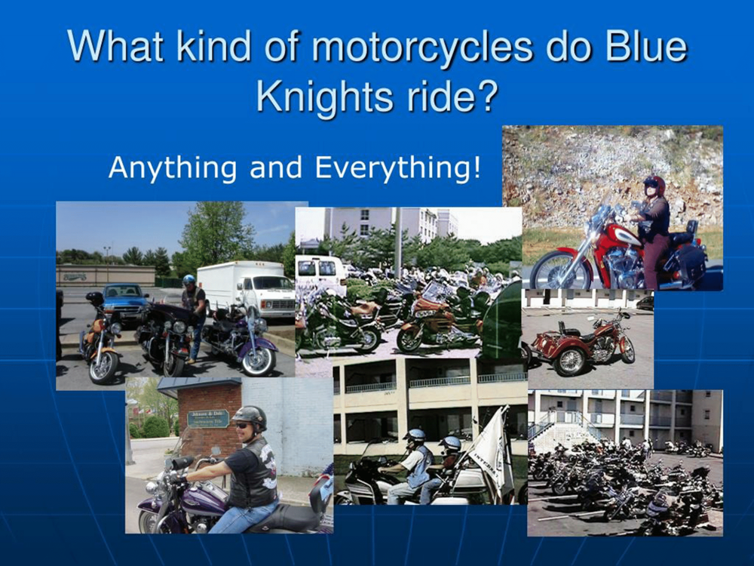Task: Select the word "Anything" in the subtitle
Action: (x=173, y=168)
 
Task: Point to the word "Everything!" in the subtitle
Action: (x=397, y=167)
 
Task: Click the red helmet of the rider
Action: (x=654, y=184)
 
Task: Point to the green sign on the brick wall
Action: (x=208, y=419)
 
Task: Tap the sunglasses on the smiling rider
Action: (x=242, y=426)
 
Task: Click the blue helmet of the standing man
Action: (x=189, y=280)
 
